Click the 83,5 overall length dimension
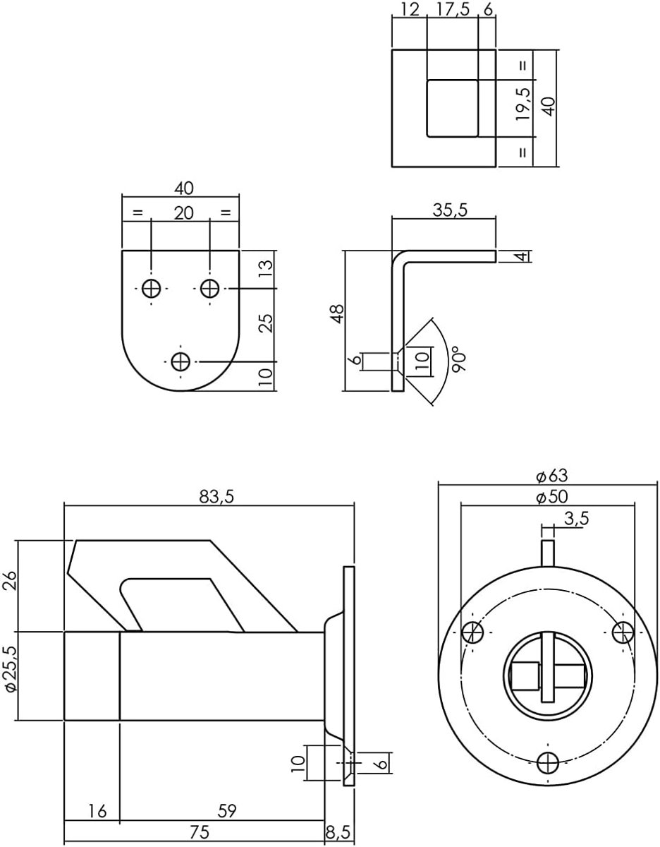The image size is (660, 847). click(216, 497)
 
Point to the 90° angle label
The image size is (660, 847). click(459, 362)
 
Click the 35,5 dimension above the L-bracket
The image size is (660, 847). click(450, 210)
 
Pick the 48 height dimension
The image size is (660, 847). click(338, 313)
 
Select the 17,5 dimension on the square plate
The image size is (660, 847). click(453, 11)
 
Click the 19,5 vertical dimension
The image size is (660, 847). click(523, 104)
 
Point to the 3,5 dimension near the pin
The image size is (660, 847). click(577, 519)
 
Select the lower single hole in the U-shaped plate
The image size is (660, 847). click(181, 361)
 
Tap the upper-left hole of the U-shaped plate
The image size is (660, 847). click(151, 289)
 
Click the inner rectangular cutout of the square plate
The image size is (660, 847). click(453, 109)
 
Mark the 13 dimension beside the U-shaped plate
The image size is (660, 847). click(266, 269)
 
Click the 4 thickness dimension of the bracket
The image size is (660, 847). click(522, 256)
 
